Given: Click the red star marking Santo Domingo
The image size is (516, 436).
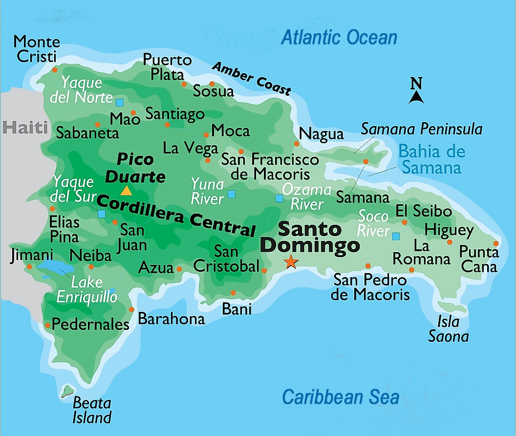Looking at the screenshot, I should (x=291, y=262).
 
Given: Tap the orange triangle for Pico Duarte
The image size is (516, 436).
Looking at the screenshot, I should (x=126, y=190).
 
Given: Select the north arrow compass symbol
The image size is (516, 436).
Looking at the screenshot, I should (x=416, y=91).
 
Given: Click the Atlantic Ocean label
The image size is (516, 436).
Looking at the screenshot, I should (x=339, y=38).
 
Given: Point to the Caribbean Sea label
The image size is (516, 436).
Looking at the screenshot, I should (x=341, y=397).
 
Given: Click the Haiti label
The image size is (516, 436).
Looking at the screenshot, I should (x=25, y=128).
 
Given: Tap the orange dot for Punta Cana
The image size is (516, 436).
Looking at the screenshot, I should (x=496, y=243).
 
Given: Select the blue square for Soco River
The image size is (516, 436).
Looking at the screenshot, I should (x=396, y=237).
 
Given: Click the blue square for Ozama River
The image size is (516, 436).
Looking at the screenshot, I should (x=279, y=198).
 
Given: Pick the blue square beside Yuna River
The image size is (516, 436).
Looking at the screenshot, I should (x=232, y=194).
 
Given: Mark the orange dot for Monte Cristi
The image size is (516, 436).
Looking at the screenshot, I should (x=55, y=70).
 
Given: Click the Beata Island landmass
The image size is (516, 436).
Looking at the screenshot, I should (x=67, y=390).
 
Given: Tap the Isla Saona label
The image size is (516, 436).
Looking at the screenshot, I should (x=448, y=329).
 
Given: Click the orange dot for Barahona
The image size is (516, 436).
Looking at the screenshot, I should (x=131, y=309).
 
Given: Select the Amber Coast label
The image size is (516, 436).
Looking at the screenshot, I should (x=251, y=79).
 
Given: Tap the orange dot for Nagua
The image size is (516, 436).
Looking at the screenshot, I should (x=297, y=144).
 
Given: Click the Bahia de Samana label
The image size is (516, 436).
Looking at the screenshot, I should (x=431, y=159).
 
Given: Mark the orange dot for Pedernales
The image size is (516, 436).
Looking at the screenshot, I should (x=47, y=325).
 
